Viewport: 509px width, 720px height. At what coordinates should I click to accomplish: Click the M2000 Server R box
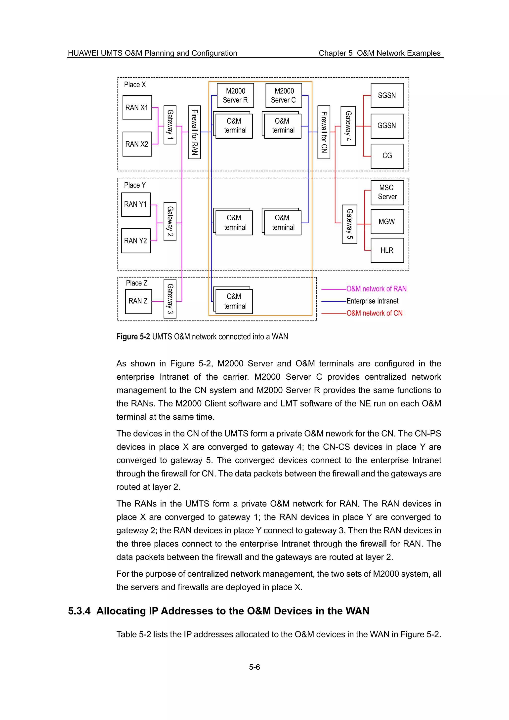coord(235,95)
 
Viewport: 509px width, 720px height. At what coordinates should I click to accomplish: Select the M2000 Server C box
coord(284,95)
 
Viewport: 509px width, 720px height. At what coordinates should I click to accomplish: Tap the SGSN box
coord(387,95)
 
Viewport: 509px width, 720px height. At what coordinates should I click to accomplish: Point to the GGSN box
coord(387,126)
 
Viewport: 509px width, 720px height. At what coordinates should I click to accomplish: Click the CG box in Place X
coord(387,156)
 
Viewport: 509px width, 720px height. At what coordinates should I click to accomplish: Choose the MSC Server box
coord(387,192)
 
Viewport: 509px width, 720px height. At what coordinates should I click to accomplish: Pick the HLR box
coord(387,250)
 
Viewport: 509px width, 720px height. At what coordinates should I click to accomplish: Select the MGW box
coord(387,221)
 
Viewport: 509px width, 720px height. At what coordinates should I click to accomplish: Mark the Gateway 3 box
coord(170,299)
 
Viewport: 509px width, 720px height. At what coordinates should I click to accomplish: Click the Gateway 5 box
coord(349,224)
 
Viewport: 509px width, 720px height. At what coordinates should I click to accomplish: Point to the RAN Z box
coord(138,301)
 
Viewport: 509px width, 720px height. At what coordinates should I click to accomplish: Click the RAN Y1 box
coord(136,204)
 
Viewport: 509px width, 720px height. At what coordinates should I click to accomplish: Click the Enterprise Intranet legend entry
coord(372,301)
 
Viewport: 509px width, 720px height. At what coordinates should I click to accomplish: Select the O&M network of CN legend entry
coord(374,313)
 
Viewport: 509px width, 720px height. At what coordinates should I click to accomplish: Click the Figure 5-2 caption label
coord(133,336)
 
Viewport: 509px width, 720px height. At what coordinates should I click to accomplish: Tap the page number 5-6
coord(254,667)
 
